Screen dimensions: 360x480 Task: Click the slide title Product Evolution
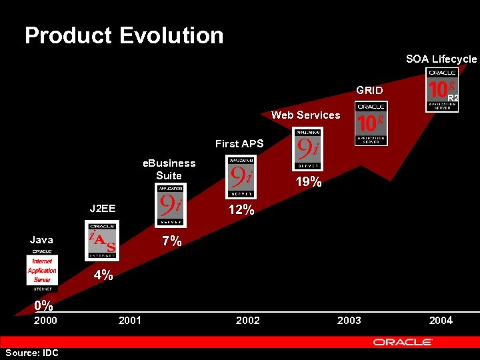pos(124,35)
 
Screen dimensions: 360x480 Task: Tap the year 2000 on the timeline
pos(45,321)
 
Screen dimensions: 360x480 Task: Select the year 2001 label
pos(129,321)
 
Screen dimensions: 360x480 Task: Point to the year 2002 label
pos(248,321)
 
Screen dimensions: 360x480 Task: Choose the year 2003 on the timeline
pos(349,321)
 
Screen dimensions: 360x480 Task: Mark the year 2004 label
pos(441,321)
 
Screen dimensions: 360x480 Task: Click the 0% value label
pos(44,306)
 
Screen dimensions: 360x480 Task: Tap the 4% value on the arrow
pos(103,275)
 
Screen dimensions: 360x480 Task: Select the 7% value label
pos(172,241)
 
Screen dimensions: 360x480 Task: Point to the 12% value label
pos(241,210)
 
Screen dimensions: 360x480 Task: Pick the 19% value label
pos(309,181)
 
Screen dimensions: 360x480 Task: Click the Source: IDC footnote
pos(31,353)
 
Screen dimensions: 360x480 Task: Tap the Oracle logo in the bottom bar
pos(403,342)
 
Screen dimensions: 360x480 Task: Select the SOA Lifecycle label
pos(441,59)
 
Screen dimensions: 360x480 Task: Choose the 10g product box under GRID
pos(371,123)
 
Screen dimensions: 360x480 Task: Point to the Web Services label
pos(305,115)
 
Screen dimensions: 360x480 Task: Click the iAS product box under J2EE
pos(103,241)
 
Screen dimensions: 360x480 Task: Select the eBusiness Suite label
pos(169,169)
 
